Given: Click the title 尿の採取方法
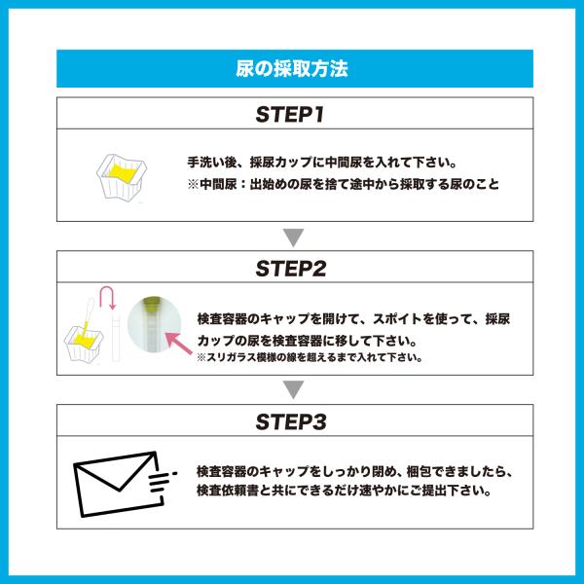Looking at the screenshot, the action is tap(292, 68).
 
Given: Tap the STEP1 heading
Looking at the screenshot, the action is tap(290, 114).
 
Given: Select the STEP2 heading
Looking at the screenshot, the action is tap(291, 269).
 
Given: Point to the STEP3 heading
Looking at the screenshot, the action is tap(291, 421).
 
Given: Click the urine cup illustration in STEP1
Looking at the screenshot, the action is tap(122, 176).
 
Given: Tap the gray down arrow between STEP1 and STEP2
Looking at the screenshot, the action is tap(294, 237).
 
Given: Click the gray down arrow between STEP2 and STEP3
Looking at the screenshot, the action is tap(294, 389).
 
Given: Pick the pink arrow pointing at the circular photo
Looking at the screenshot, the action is tap(179, 343).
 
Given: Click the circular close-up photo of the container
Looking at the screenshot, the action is tap(154, 324).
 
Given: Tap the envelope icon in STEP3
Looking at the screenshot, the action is tap(119, 484).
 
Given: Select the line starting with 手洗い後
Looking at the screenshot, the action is tap(322, 163).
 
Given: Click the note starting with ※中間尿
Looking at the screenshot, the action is tap(343, 184).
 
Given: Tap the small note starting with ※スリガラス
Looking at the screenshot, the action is tap(310, 357).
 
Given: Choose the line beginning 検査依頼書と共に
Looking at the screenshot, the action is tap(345, 491).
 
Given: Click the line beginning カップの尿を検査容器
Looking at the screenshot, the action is tap(307, 341).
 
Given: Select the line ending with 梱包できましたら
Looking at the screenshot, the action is tap(354, 471).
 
